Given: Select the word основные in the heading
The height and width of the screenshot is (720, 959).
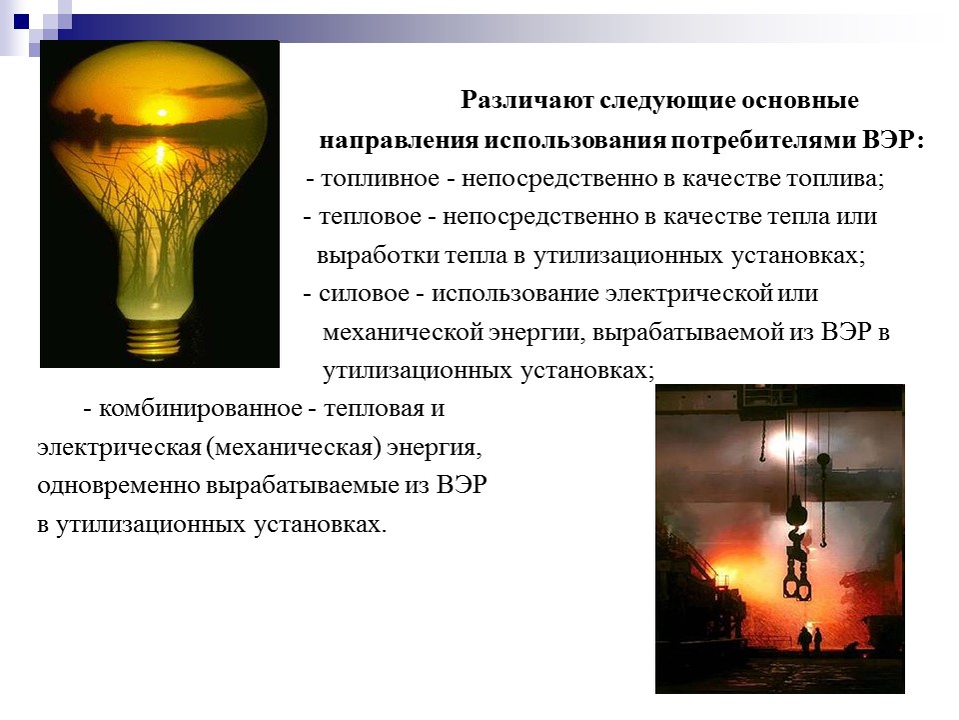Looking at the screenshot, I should [x=810, y=102].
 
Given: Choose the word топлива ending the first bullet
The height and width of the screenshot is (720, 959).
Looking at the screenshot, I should [x=843, y=179].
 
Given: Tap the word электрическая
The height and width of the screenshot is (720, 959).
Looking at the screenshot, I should [x=118, y=448].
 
